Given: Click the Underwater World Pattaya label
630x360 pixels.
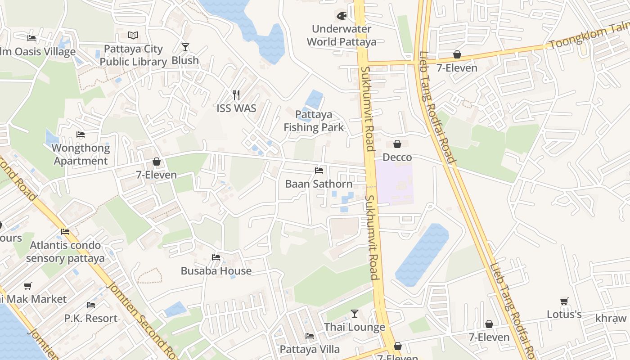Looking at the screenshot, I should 342,36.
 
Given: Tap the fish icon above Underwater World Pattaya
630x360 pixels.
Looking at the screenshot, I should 342,16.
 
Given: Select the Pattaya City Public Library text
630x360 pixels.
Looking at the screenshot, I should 133,55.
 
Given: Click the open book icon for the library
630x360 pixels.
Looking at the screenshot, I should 133,35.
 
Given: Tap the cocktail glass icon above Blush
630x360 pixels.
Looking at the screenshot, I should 185,47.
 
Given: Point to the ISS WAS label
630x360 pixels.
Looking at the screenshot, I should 236,108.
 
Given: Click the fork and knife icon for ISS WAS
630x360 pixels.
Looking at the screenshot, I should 236,95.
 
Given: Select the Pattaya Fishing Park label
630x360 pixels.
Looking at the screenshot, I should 314,121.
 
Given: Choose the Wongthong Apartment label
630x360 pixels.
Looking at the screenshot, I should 81,154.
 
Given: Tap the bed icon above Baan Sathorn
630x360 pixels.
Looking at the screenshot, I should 319,171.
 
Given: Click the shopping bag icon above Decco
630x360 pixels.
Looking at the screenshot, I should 397,144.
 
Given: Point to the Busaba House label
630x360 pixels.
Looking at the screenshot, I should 216,271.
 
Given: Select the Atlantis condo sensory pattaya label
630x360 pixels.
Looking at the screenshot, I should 65,252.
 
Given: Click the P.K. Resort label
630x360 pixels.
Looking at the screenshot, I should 91,318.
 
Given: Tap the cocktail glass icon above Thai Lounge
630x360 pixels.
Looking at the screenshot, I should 355,314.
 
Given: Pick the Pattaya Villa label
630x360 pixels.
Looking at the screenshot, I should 310,349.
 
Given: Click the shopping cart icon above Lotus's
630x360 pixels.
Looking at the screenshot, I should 564,301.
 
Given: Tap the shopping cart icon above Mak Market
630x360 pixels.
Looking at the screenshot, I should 28,286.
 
